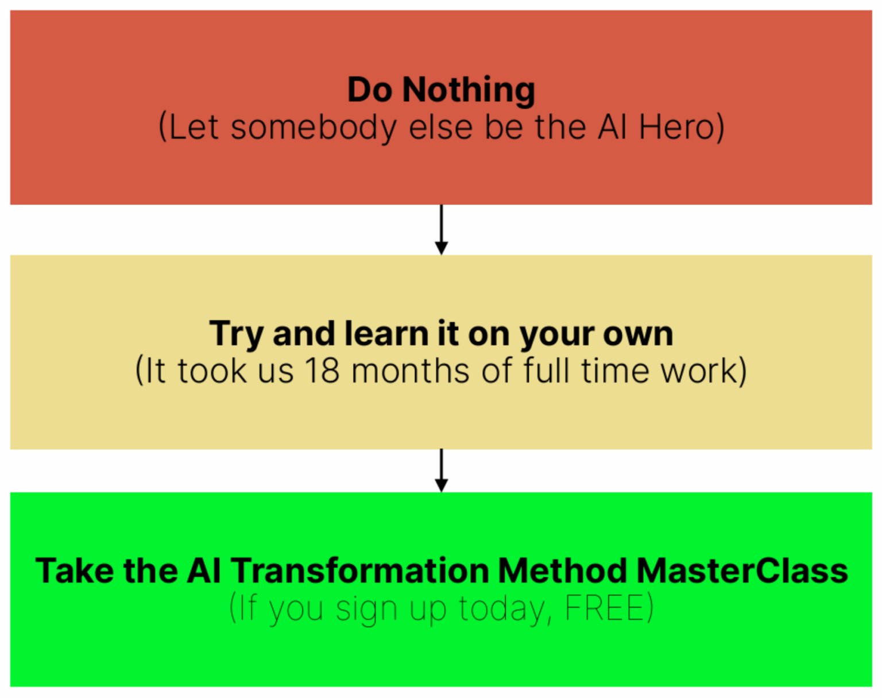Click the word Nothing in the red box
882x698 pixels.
pos(469,91)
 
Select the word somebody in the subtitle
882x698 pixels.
pos(313,127)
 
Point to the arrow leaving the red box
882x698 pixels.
pos(441,229)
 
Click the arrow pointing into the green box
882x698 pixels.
pos(441,471)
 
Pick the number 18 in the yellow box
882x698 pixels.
pos(322,371)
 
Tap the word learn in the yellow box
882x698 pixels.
pos(386,334)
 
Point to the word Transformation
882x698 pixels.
pos(360,571)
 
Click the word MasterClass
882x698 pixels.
pos(742,571)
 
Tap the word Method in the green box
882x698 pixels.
pos(562,571)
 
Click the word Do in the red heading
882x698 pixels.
pos(370,91)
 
